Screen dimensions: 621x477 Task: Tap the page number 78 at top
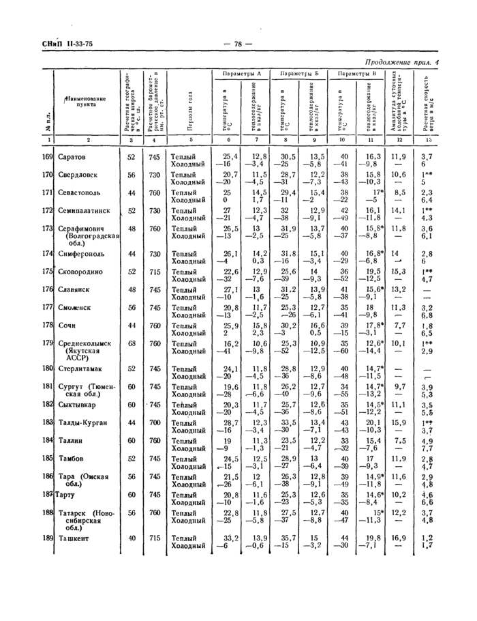tap(238, 44)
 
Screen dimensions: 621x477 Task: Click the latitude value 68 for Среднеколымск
tap(130, 344)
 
